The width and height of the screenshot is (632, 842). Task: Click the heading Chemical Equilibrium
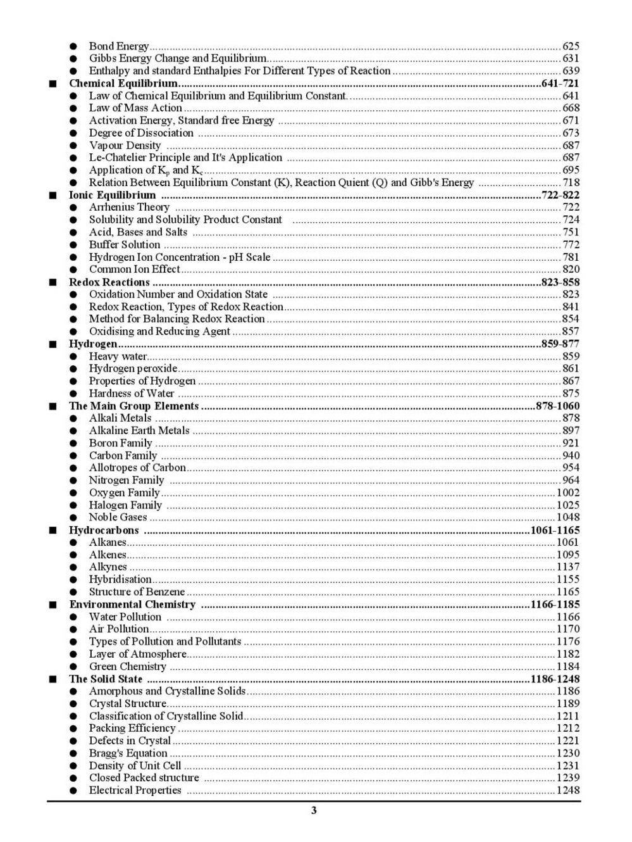pyautogui.click(x=123, y=84)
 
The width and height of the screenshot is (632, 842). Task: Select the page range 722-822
pyautogui.click(x=560, y=195)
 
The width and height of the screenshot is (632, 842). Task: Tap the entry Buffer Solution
pyautogui.click(x=124, y=245)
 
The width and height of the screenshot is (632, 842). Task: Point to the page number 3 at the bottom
pyautogui.click(x=314, y=811)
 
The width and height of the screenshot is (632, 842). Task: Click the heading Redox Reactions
pyautogui.click(x=109, y=282)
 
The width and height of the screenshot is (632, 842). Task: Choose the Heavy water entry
pyautogui.click(x=118, y=356)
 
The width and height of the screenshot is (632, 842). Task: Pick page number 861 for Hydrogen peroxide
pyautogui.click(x=571, y=368)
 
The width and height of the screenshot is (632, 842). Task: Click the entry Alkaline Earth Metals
pyautogui.click(x=139, y=430)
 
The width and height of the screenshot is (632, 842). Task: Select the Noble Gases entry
pyautogui.click(x=118, y=517)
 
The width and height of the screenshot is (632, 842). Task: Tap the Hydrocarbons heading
pyautogui.click(x=104, y=531)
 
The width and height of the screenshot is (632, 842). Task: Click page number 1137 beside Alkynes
pyautogui.click(x=567, y=567)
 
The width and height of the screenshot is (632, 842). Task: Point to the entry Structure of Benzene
pyautogui.click(x=137, y=592)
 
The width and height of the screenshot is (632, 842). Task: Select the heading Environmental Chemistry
pyautogui.click(x=132, y=605)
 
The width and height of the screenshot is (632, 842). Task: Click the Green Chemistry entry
pyautogui.click(x=127, y=667)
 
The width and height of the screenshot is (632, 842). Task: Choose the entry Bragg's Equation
pyautogui.click(x=128, y=753)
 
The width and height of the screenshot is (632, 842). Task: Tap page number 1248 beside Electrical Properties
pyautogui.click(x=567, y=791)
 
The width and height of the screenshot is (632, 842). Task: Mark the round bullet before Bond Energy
pyautogui.click(x=74, y=47)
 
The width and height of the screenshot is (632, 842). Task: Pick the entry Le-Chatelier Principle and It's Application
pyautogui.click(x=185, y=158)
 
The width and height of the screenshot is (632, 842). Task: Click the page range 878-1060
pyautogui.click(x=557, y=406)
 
